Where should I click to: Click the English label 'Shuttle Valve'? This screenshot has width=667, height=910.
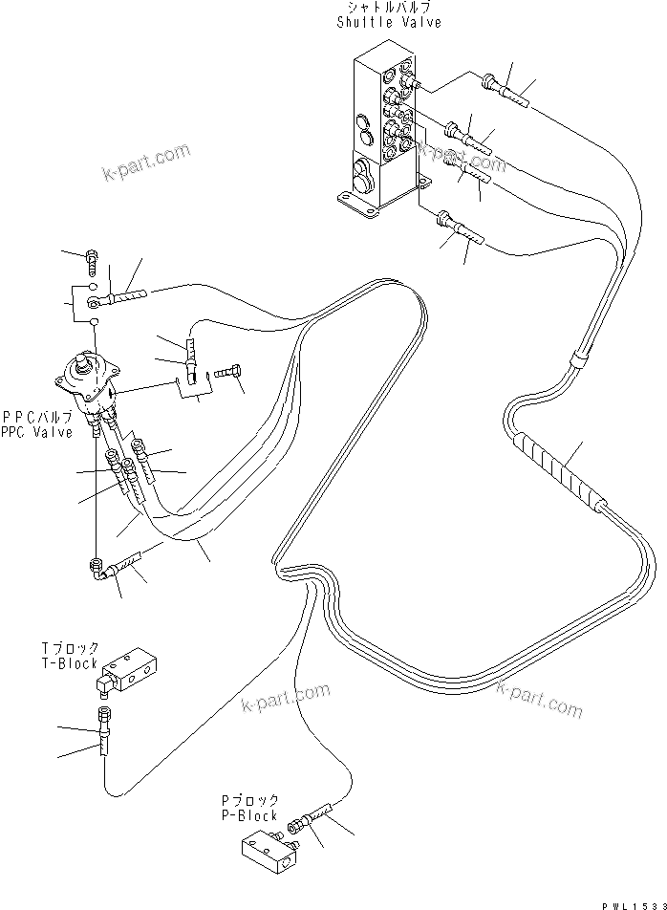click(389, 22)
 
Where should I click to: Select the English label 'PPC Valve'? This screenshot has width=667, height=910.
click(37, 433)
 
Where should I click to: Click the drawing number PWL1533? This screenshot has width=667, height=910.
click(633, 902)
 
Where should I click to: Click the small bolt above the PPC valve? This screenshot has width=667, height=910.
click(92, 258)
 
